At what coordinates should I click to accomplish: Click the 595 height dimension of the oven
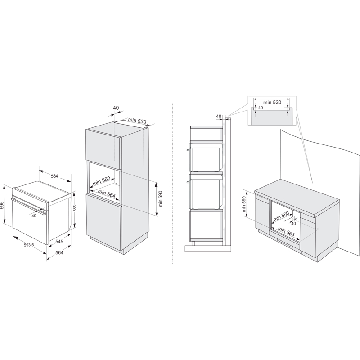(2, 205)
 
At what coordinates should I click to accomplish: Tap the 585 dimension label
(75, 208)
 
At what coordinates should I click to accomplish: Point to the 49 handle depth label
(34, 216)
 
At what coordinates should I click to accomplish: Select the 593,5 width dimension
(29, 245)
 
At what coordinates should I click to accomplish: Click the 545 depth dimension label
(59, 242)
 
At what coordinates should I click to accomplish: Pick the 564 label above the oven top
(54, 176)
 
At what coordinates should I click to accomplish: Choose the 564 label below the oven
(59, 252)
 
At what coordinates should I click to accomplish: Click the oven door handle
(28, 206)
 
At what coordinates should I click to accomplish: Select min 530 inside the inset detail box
(272, 103)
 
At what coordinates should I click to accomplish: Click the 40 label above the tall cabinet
(116, 108)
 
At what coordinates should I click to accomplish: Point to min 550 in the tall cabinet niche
(102, 181)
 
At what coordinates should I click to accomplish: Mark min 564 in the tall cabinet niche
(107, 193)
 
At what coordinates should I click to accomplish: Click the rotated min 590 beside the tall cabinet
(160, 199)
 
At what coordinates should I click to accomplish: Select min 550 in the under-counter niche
(281, 216)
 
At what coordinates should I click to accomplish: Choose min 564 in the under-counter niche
(286, 232)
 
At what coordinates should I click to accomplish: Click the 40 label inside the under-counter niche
(293, 223)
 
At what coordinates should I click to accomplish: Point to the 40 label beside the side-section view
(219, 116)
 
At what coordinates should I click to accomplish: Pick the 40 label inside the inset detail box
(261, 108)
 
